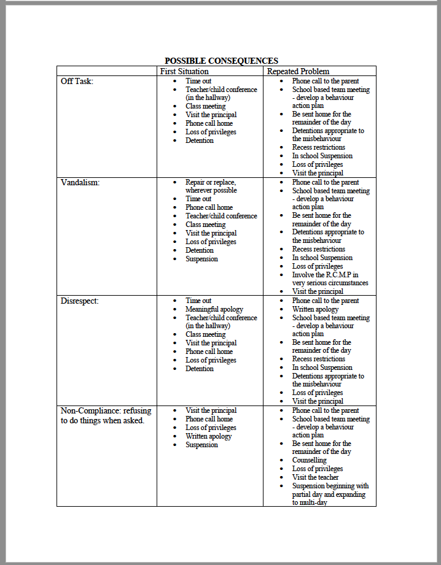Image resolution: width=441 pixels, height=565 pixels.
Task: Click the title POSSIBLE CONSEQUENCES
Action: (x=221, y=61)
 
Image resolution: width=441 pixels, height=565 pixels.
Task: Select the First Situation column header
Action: (x=184, y=71)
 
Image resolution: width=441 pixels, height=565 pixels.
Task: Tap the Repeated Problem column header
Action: (x=298, y=71)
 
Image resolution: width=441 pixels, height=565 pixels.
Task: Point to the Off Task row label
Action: (x=77, y=81)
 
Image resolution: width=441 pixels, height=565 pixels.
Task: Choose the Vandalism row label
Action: (x=80, y=182)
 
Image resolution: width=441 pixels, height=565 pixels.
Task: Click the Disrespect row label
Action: (x=80, y=301)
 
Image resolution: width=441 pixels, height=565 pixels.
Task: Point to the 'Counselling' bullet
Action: (x=309, y=460)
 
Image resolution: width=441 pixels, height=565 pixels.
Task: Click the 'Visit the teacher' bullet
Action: (x=315, y=477)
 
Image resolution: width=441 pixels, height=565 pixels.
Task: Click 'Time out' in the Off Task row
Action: (x=198, y=81)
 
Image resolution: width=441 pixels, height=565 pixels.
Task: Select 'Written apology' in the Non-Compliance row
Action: (x=209, y=436)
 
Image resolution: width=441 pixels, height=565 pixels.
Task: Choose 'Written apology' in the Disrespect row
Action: (x=315, y=309)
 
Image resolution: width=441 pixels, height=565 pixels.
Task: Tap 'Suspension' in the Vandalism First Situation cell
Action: (x=201, y=259)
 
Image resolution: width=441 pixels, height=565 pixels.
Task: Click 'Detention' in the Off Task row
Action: (x=200, y=140)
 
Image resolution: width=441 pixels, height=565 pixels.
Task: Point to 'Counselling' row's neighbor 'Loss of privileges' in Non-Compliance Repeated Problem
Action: (x=318, y=469)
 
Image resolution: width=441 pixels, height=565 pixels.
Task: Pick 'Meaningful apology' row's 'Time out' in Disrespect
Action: (x=198, y=301)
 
